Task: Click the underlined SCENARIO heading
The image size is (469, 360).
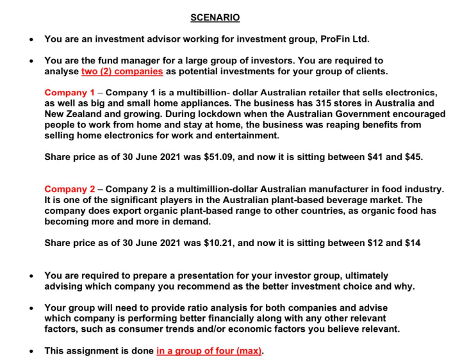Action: [215, 17]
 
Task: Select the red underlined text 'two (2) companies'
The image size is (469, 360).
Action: [122, 71]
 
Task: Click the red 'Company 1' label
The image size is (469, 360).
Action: [69, 92]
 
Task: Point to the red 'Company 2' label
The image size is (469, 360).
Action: [69, 189]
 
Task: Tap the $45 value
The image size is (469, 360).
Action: [413, 157]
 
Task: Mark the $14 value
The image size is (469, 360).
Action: [412, 243]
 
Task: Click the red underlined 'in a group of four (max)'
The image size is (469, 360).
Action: [209, 351]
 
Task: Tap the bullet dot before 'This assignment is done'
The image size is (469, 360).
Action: [31, 351]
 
